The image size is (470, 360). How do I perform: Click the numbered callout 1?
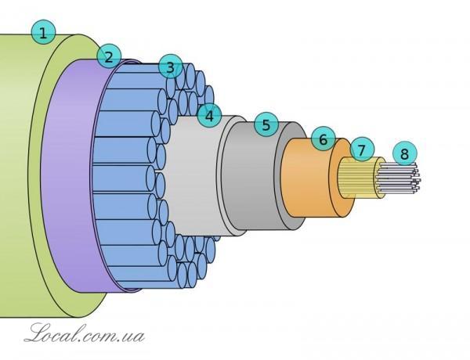[x=43, y=32]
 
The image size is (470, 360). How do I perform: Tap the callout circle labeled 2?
[x=109, y=56]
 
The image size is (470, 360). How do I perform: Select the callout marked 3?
[x=171, y=67]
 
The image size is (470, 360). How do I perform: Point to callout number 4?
[x=209, y=116]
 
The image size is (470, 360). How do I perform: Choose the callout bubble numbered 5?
[x=266, y=124]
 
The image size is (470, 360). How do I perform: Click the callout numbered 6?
[x=324, y=139]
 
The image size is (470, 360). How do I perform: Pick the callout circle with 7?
[x=362, y=149]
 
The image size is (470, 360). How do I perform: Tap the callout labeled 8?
[x=405, y=153]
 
